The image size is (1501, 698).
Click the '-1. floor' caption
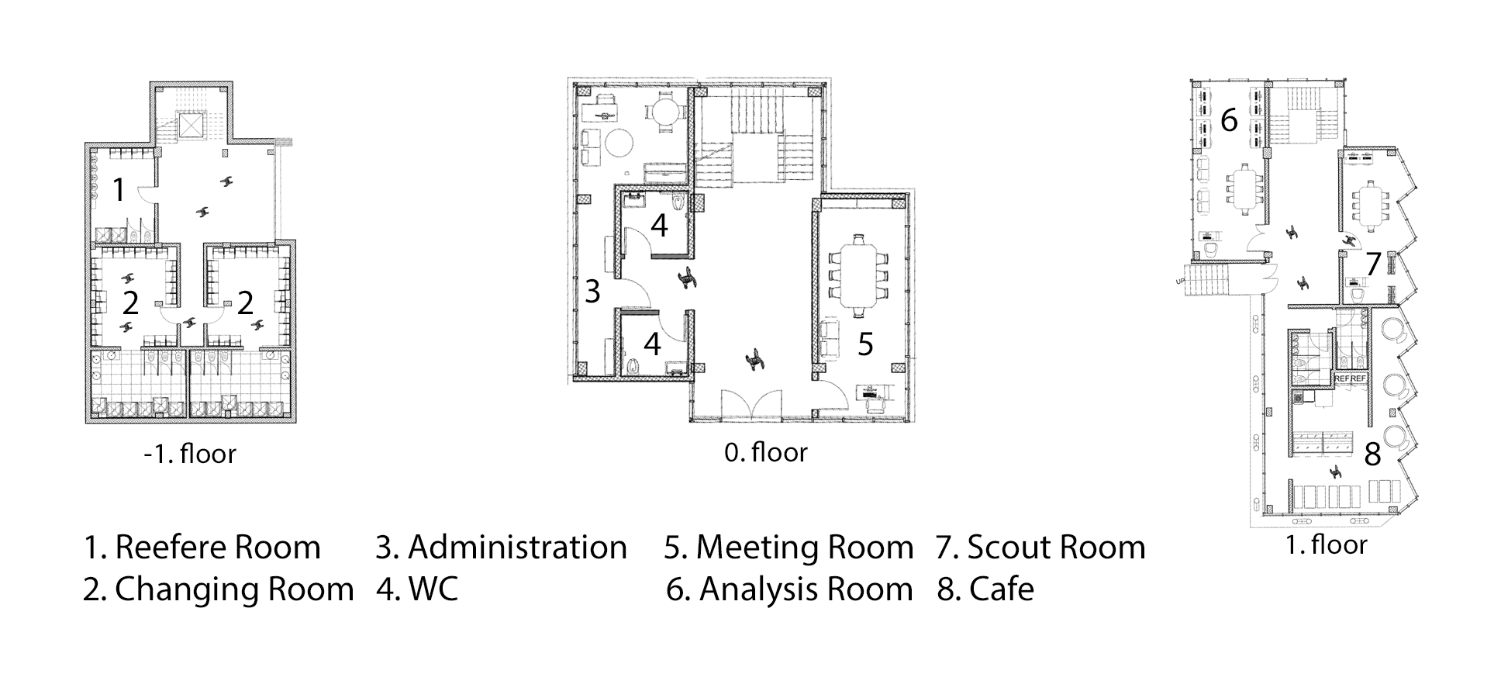190,454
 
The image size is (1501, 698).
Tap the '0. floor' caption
766,452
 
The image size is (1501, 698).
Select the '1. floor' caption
1326,545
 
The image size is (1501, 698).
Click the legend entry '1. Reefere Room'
202,548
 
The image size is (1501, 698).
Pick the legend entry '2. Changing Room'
219,589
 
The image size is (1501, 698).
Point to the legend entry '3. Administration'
502,548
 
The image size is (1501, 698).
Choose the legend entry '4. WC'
417,589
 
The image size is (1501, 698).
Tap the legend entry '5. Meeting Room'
789,548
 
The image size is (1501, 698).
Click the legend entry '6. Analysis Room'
789,589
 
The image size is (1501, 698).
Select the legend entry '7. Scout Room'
1040,548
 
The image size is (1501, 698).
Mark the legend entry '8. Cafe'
985,589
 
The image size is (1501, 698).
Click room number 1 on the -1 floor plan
119,189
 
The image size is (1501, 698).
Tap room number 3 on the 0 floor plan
592,292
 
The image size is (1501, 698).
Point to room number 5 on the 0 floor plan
865,344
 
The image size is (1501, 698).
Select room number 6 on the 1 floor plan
1229,120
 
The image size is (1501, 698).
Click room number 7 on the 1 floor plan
1373,264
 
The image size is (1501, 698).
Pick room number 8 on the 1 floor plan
1372,454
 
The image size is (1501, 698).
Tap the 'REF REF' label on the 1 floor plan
1350,378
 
